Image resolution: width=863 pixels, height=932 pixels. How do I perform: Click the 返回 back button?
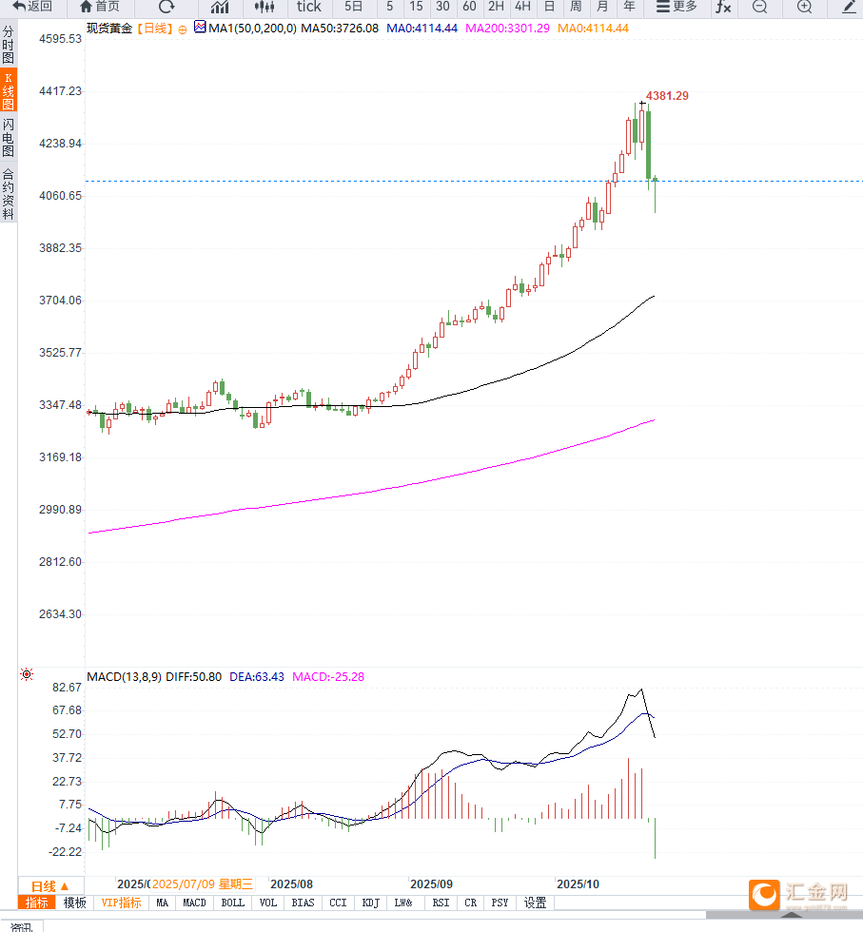32,7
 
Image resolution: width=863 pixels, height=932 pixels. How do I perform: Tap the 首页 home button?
100,7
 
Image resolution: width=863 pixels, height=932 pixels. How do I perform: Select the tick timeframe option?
308,7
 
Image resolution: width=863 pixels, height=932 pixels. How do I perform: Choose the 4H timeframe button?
522,7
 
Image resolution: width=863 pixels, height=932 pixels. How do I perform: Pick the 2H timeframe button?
496,7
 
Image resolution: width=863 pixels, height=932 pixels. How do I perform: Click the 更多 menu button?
677,7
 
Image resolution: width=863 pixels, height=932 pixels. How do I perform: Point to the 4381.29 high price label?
667,96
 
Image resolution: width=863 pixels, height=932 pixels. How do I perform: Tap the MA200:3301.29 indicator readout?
514,29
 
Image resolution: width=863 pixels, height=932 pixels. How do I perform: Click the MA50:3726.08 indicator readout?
340,29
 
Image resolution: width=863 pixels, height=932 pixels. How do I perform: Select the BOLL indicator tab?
232,903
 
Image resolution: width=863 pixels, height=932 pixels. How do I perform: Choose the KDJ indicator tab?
371,903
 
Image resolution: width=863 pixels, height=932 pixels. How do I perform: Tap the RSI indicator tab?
441,903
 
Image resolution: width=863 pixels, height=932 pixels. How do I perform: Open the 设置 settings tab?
536,903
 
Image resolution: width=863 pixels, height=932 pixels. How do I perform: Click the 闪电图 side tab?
8,138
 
